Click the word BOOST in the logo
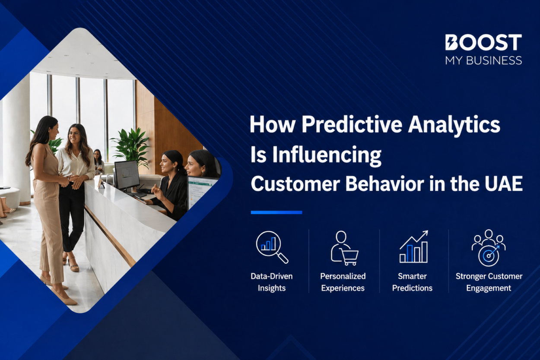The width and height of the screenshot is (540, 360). coord(483,42)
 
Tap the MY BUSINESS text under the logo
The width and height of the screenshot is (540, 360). coord(483,60)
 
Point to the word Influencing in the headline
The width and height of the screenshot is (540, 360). coord(327,155)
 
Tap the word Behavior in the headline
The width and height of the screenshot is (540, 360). coord(385,184)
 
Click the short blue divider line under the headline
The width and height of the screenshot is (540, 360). coord(276,212)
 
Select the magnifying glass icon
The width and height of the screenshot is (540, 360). coord(272,247)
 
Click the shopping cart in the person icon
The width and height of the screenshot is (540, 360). coord(349,257)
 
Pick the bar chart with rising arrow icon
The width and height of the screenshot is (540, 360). coord(414,246)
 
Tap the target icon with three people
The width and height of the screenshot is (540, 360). coord(489,248)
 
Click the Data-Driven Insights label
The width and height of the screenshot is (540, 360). coord(272,282)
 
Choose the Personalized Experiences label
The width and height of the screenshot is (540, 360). coord(343,282)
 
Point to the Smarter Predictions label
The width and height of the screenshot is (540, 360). coord(412,282)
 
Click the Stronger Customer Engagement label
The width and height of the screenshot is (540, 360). coord(489,282)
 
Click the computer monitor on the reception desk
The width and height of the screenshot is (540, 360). coord(127,175)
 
